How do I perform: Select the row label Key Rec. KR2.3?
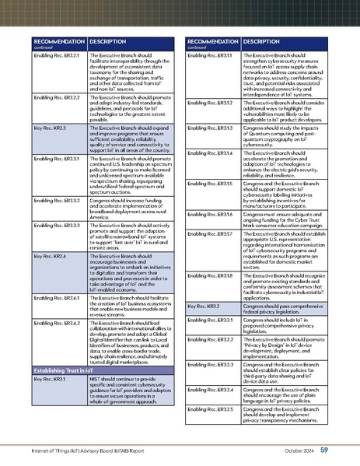coord(48,126)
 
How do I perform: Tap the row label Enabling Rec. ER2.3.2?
coord(57,200)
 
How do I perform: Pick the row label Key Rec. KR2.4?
coord(48,254)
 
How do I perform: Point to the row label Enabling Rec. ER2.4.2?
coord(57,321)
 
